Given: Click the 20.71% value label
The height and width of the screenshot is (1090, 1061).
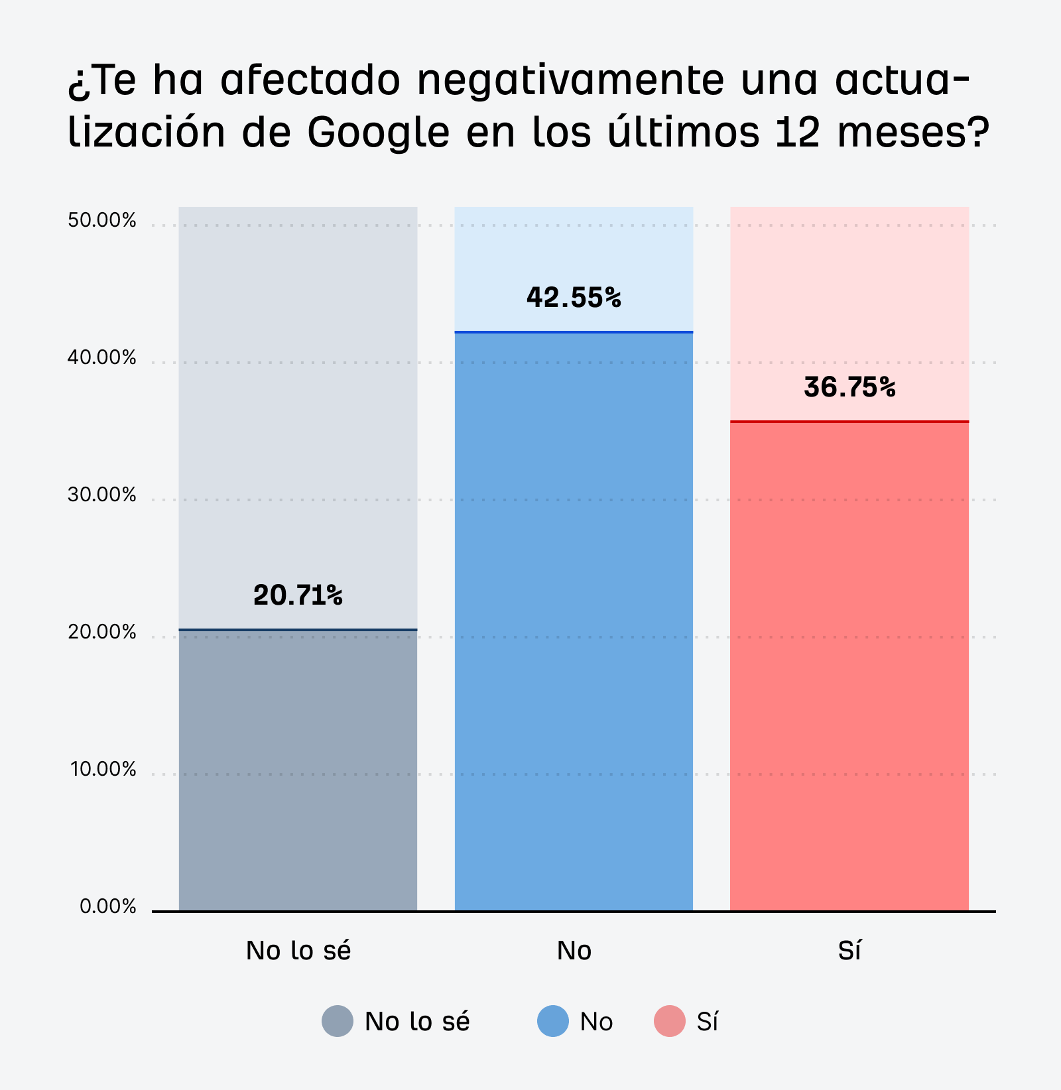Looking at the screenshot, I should coord(298,595).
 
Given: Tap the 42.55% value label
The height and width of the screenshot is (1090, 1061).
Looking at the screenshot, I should coord(574,297).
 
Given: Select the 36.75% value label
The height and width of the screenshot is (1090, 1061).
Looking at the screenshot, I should coord(849,387).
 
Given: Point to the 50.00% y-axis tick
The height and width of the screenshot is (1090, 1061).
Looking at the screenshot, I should coord(101,220).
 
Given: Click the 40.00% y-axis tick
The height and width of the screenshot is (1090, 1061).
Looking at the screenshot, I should coord(101,357).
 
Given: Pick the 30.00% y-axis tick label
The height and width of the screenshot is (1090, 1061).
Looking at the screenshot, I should coord(101,495).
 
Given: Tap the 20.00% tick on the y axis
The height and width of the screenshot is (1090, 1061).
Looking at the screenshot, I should coord(101,632).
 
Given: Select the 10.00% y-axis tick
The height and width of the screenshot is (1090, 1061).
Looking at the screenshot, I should coord(103,769).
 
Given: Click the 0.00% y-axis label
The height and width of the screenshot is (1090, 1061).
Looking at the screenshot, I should coord(107,906).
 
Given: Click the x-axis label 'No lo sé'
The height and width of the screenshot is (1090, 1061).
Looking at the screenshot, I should coord(298,951).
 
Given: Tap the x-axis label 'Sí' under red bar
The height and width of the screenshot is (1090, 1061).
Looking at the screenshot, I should coord(849,951).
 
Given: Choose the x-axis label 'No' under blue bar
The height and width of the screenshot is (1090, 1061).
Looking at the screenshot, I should coord(574,951).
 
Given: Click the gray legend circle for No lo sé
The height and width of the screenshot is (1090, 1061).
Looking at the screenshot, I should coord(338,1021).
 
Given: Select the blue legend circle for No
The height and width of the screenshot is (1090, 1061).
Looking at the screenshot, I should coord(553,1021).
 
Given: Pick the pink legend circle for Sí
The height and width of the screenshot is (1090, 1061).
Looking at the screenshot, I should coord(670,1021).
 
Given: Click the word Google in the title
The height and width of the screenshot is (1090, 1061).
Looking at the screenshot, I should coord(379,133).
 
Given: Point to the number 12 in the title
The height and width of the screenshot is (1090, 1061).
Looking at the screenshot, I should coord(797,131).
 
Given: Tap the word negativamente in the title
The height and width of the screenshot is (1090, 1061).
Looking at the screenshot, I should coord(571,81).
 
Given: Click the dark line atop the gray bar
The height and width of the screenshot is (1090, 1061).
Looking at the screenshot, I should coord(298,629).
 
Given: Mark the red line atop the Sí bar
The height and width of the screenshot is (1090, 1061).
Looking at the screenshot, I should coord(849,421).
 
